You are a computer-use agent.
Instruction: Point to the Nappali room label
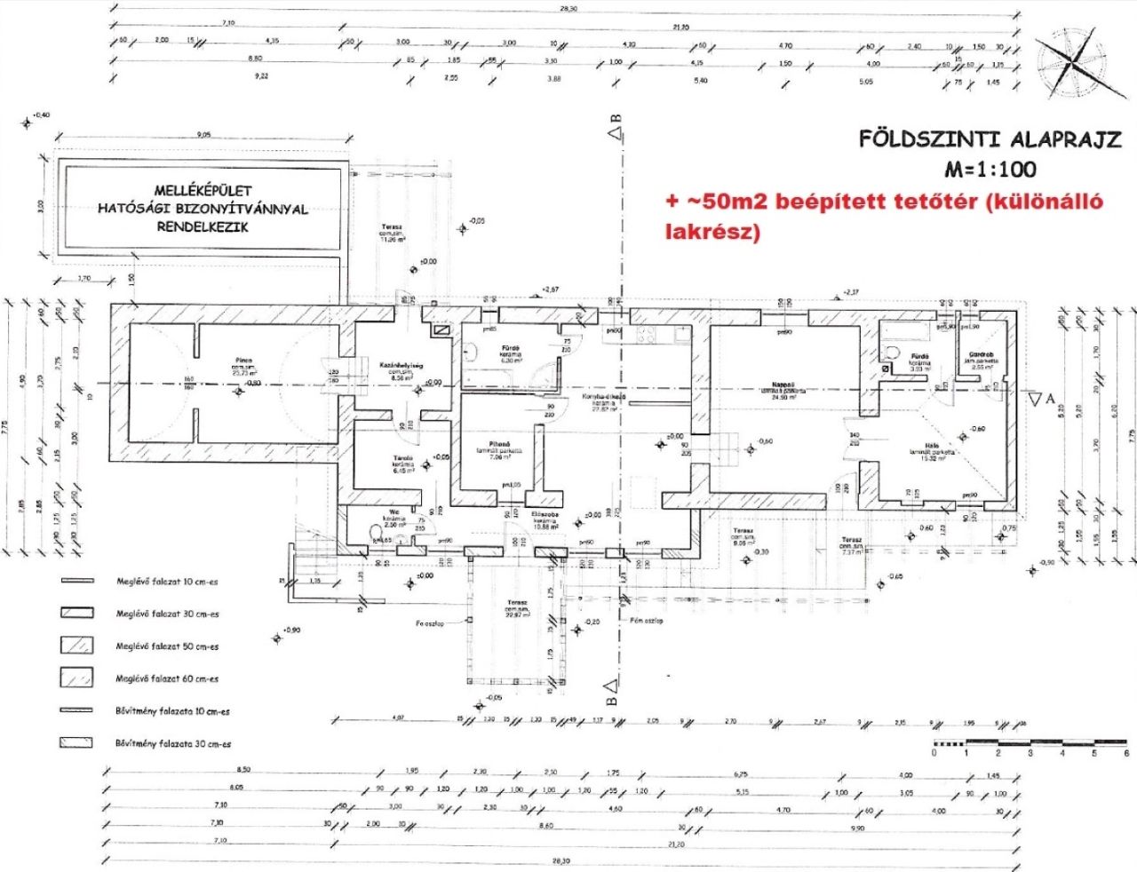[x=782, y=384]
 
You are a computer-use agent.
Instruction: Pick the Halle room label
[x=931, y=448]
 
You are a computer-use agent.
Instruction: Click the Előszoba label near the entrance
[x=544, y=514]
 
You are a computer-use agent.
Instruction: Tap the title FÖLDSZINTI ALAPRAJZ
[x=990, y=139]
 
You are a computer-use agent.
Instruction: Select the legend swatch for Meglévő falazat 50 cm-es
[x=76, y=646]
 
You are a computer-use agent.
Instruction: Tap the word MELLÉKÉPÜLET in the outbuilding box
[x=203, y=190]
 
